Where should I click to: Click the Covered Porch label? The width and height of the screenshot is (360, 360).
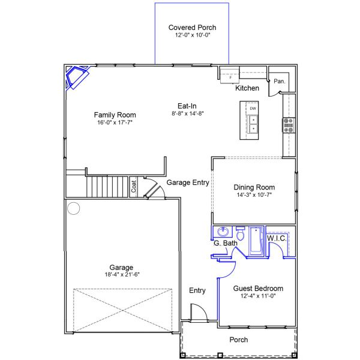[192, 28]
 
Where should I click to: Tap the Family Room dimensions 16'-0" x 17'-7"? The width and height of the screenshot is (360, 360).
[115, 122]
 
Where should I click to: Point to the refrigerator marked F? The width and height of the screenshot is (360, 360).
[230, 75]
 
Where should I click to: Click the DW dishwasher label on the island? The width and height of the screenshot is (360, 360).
[253, 109]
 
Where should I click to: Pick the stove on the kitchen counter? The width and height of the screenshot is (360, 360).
[289, 125]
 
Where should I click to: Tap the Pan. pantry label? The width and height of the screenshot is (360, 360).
[280, 81]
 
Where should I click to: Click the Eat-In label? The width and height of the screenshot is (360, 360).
[187, 106]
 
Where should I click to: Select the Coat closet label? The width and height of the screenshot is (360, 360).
[134, 186]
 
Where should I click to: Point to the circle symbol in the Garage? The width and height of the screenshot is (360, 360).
[73, 208]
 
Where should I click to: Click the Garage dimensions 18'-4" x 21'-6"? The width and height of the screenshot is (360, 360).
[122, 275]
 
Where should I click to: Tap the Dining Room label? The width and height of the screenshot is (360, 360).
[254, 187]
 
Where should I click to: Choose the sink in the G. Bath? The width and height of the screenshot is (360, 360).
[223, 232]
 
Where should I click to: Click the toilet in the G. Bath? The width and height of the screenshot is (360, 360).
[240, 233]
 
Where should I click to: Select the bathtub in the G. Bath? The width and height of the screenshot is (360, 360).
[256, 241]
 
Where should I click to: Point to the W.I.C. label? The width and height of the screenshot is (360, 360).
[277, 238]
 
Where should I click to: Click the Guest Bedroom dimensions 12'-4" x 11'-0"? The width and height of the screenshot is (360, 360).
[258, 296]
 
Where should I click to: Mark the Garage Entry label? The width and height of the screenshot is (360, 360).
[188, 182]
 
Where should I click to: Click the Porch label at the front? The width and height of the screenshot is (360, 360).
[239, 340]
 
